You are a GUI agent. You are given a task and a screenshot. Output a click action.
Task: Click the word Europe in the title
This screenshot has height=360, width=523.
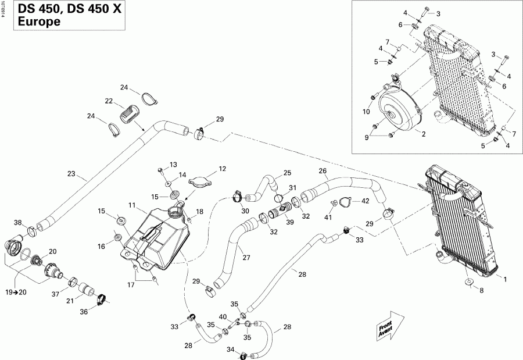point(38,22)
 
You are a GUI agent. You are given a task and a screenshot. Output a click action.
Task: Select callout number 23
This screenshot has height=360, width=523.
point(71,173)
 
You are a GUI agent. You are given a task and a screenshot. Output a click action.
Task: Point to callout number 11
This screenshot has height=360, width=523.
point(132,205)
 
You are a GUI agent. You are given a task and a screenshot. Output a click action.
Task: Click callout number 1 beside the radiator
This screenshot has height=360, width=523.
point(505,279)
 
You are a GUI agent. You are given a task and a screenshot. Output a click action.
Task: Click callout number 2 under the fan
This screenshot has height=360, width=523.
point(424,134)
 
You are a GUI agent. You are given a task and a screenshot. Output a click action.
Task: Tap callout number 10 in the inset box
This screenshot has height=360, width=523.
point(366,112)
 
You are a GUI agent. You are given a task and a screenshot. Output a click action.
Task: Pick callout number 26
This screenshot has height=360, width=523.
point(323,171)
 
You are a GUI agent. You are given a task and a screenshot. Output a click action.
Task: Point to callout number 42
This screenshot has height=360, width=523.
point(366,201)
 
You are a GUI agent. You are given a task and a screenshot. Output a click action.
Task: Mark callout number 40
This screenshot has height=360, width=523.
point(223,317)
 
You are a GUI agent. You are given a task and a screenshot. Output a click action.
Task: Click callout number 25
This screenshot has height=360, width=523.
point(287,173)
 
